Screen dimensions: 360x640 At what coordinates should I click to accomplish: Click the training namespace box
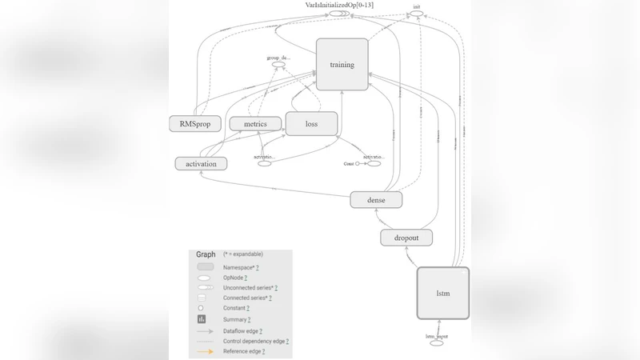coord(342,64)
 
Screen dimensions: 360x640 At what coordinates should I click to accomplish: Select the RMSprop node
coord(194,124)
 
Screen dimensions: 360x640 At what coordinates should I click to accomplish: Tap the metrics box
coord(255,124)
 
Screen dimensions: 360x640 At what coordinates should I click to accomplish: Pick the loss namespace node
coord(311,124)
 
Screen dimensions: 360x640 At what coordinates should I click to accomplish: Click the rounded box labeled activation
coord(201,163)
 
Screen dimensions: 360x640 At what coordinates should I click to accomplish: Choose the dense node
coord(376,199)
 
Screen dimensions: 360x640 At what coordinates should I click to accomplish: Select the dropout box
coord(406,238)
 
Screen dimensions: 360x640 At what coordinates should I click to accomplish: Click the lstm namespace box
coord(442,293)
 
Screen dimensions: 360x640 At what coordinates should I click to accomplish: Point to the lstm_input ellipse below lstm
coord(437,342)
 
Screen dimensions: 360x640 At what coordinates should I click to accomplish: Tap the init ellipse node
coord(416,14)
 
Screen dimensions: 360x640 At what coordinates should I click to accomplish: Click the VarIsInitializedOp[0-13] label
coord(339,6)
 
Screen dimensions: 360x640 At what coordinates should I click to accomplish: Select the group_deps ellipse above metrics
coord(278,64)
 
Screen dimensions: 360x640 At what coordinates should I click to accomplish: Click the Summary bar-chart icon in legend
coord(202,319)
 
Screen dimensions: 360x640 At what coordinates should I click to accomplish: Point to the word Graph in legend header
coord(206,254)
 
